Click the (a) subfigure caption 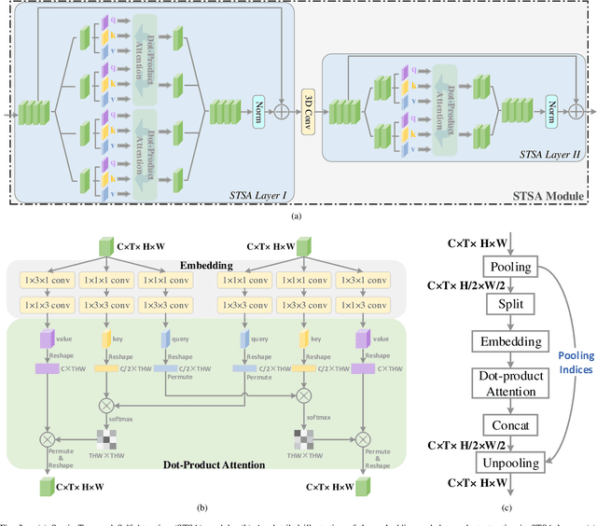tap(297, 215)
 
